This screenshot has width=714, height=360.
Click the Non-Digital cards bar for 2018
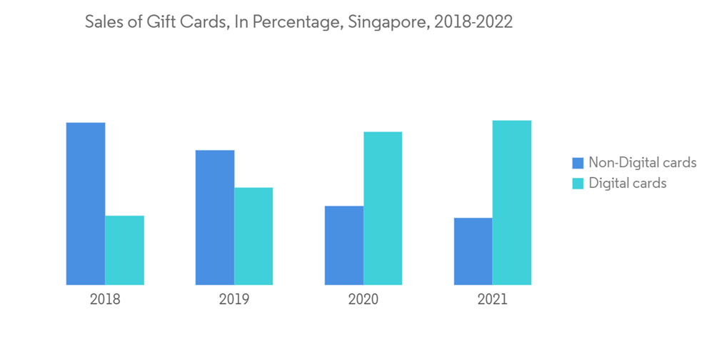[x=86, y=204]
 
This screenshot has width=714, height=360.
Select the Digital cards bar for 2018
[x=125, y=250]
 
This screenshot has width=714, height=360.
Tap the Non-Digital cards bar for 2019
[x=215, y=217]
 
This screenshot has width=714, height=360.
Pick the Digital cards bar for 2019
[x=253, y=236]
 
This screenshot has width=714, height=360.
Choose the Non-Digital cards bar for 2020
[x=344, y=245]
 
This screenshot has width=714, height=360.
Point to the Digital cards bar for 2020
[x=383, y=208]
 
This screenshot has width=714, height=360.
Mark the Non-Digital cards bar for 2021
[x=473, y=251]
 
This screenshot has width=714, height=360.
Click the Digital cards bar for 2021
[x=512, y=202]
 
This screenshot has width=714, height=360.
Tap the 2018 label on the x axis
[x=105, y=299]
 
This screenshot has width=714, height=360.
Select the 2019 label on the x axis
[x=234, y=299]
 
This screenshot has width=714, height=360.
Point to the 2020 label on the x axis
[x=363, y=299]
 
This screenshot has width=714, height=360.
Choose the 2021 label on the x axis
[x=493, y=299]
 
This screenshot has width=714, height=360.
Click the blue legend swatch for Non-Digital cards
[x=578, y=163]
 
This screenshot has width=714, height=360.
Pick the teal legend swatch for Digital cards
[x=578, y=184]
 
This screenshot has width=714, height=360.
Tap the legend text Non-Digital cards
[x=642, y=163]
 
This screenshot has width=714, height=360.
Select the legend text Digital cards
[x=627, y=184]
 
